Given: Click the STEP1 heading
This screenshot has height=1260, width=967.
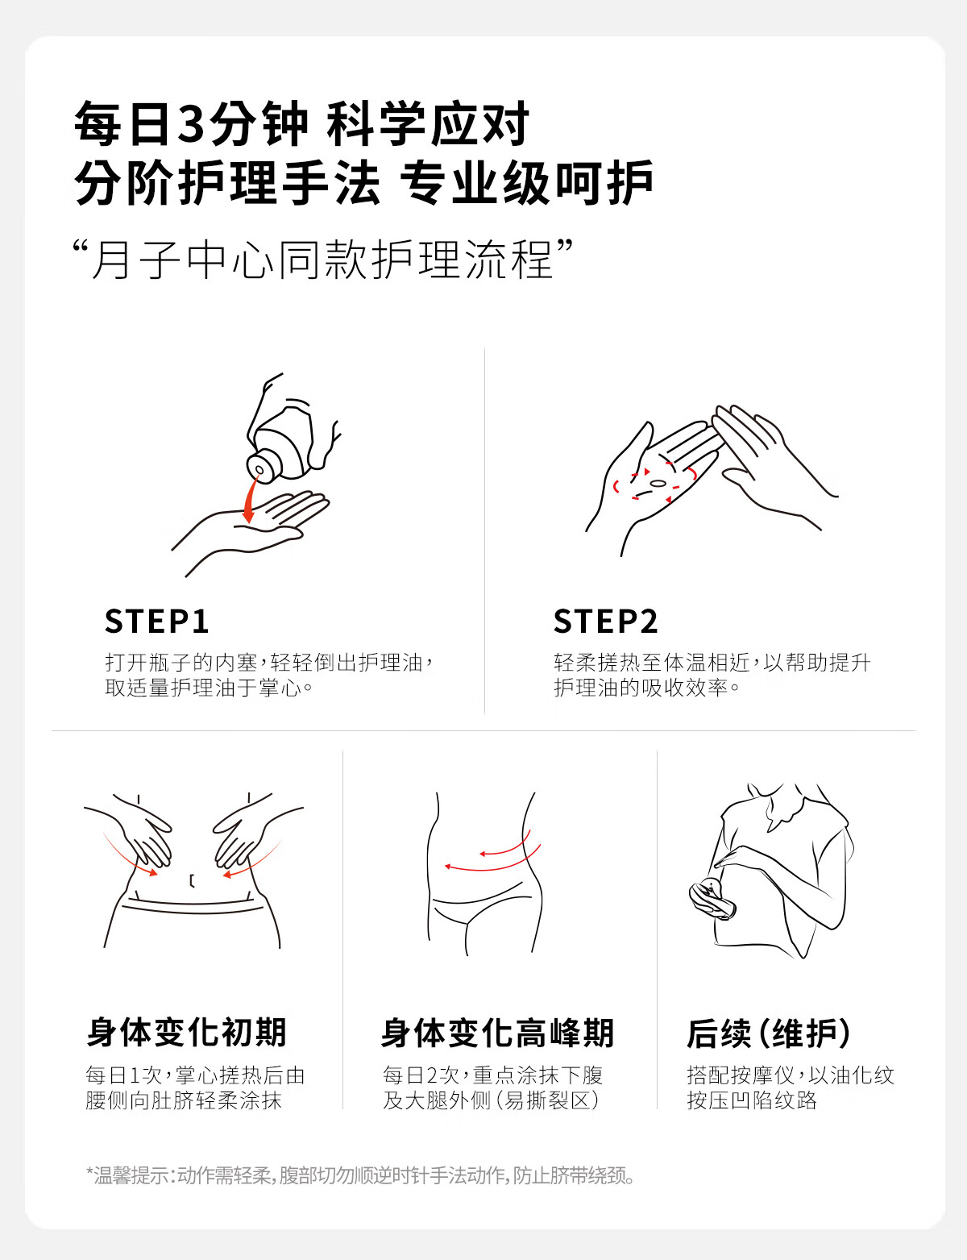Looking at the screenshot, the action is click(x=156, y=621).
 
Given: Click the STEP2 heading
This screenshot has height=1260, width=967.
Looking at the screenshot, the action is click(x=605, y=621).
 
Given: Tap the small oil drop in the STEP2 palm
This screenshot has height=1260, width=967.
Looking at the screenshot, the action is click(x=657, y=483).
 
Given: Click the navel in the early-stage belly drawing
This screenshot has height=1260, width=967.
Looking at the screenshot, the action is click(x=192, y=881).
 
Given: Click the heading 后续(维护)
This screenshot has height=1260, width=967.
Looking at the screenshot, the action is click(x=768, y=1033).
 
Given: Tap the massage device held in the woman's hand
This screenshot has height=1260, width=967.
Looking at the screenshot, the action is click(x=712, y=898).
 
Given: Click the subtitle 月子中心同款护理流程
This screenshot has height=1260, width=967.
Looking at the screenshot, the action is click(x=322, y=259).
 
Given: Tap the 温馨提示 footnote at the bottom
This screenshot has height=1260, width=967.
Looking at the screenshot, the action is click(x=359, y=1176).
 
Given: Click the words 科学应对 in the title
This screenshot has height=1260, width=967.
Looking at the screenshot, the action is click(x=428, y=123).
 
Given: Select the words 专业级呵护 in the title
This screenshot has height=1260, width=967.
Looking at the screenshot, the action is click(x=527, y=183).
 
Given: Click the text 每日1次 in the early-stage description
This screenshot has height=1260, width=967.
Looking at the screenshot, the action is click(x=124, y=1075).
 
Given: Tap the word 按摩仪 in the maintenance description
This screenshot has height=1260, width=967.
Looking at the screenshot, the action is click(x=762, y=1075).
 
